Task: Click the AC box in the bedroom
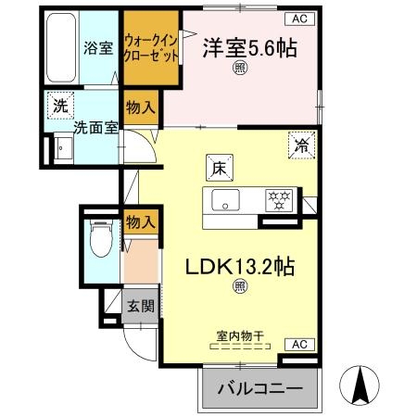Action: click(x=300, y=18)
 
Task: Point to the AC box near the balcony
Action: click(x=298, y=344)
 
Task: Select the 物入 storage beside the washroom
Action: click(x=140, y=107)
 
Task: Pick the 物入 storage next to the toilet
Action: click(x=139, y=222)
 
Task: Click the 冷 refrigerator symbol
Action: click(x=300, y=144)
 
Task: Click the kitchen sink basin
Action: click(x=225, y=199)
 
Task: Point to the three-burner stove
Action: click(x=278, y=198)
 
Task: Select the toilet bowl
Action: click(x=99, y=240)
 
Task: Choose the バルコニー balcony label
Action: click(x=259, y=390)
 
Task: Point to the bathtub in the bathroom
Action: click(x=62, y=47)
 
